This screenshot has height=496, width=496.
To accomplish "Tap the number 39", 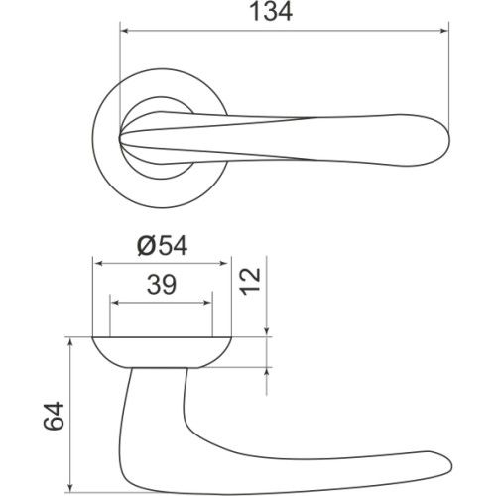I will [x=162, y=286].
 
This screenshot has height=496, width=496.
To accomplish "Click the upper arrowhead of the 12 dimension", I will [x=268, y=332].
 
